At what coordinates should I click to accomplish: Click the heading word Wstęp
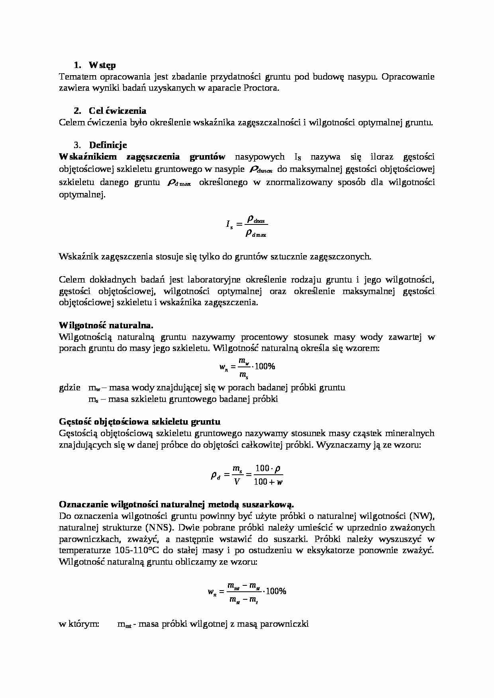tap(102, 65)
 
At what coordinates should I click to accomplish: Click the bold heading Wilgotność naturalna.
tap(106, 325)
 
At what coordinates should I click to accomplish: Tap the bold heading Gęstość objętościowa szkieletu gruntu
tap(139, 421)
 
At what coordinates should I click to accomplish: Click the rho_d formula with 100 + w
tap(247, 475)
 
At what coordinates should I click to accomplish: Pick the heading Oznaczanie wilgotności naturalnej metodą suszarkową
tap(176, 504)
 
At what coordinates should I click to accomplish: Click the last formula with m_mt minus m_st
tap(247, 592)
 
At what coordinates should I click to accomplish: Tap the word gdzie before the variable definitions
tap(70, 387)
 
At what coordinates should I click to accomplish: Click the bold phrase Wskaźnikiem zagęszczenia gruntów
tap(142, 157)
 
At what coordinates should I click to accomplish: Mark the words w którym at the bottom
tap(79, 624)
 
